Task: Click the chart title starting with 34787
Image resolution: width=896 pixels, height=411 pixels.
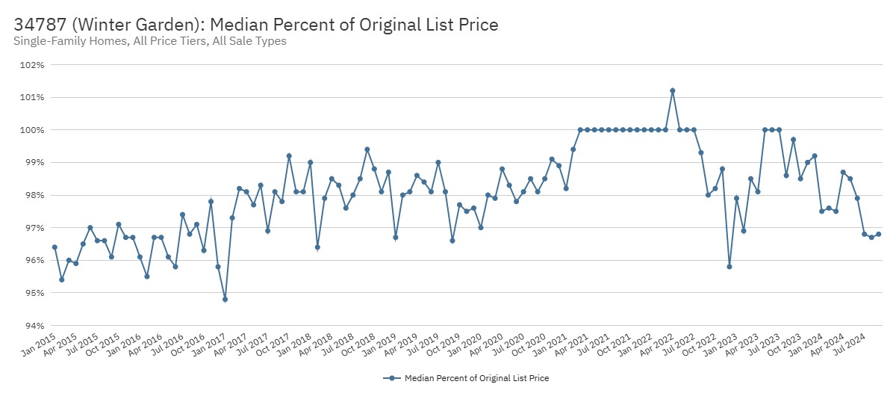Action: (256, 25)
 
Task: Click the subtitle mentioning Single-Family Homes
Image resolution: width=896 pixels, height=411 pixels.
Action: (150, 41)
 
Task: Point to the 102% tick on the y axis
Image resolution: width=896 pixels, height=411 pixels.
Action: (34, 65)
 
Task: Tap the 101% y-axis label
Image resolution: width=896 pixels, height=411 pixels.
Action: (34, 97)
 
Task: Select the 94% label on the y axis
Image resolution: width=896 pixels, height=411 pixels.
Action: (34, 326)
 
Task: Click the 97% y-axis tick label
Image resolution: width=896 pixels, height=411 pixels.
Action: (34, 228)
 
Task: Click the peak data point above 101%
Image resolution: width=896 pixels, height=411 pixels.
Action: (673, 91)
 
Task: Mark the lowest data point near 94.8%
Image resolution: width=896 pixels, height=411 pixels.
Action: (225, 299)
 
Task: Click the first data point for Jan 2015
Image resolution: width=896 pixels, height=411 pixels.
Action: (55, 247)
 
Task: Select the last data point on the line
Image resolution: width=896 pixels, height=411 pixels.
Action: (878, 234)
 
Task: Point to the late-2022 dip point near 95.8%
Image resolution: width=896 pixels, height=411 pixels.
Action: (729, 267)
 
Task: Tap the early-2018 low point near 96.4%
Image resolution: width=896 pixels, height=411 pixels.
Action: (317, 247)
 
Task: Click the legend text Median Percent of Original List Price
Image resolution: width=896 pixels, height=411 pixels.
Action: (476, 378)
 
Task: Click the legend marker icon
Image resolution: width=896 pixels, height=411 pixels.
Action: (391, 378)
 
